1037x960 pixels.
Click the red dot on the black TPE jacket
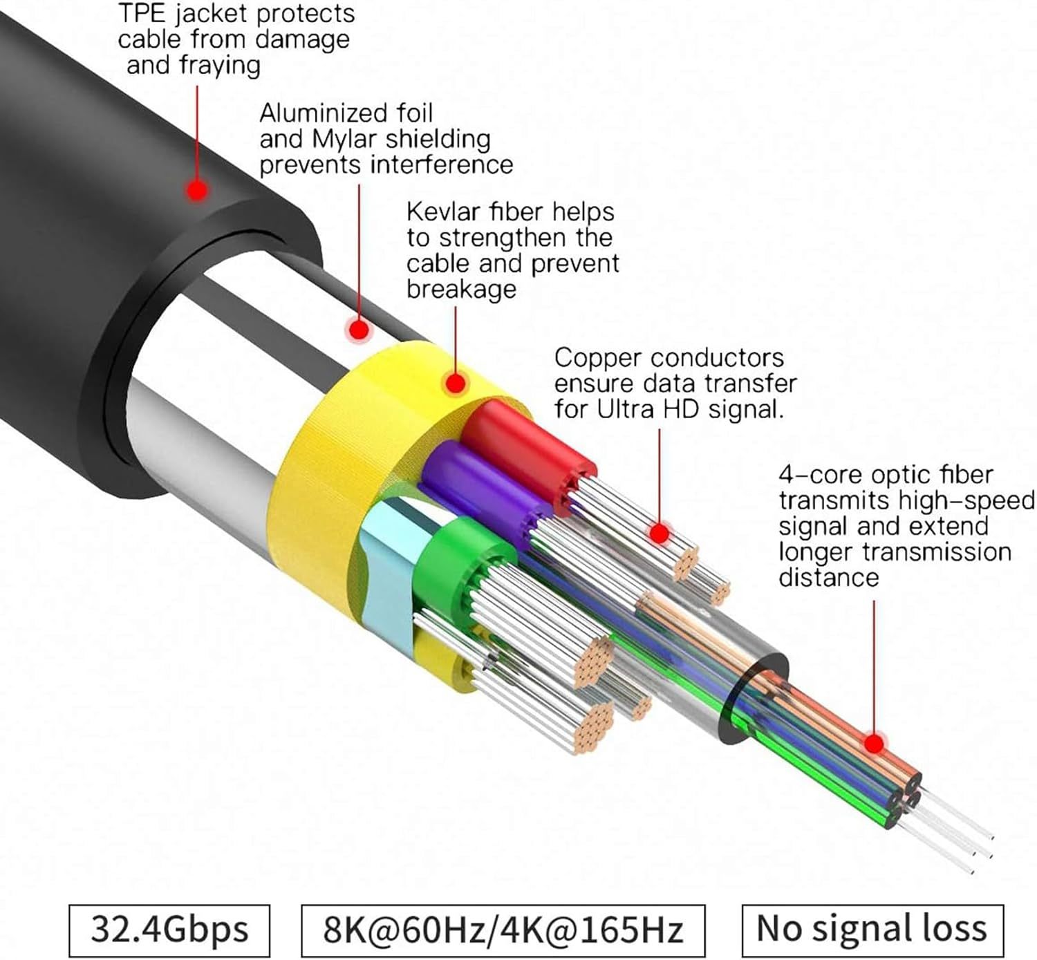[x=197, y=190]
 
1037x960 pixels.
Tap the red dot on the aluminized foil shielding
[x=359, y=330]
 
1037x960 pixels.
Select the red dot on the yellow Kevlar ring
[x=456, y=384]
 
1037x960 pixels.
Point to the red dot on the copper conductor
[x=660, y=534]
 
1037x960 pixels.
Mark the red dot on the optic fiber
[x=874, y=744]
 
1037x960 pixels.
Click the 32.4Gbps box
[x=169, y=930]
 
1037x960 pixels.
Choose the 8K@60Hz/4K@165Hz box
[x=503, y=930]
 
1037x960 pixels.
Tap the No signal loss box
[x=872, y=930]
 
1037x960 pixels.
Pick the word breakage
[x=461, y=290]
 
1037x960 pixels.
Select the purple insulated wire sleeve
[x=483, y=485]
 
